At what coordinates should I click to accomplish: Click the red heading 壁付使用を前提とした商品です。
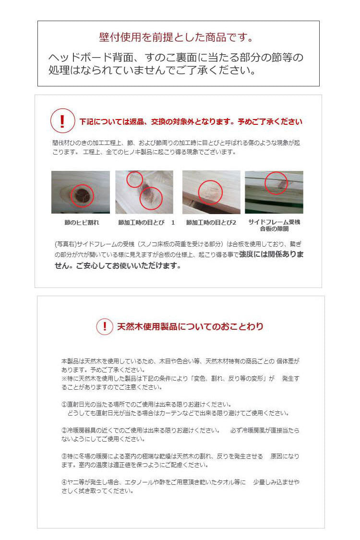176,37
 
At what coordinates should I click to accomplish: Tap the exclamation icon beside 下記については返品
62,121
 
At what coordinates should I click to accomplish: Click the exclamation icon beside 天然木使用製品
105,326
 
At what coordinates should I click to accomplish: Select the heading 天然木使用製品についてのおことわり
190,327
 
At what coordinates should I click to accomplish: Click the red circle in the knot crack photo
82,195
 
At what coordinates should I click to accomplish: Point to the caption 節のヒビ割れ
81,223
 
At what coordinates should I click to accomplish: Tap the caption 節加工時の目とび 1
146,223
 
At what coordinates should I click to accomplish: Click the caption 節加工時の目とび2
211,223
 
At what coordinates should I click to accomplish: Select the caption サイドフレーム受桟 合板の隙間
274,226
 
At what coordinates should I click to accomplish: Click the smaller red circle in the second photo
134,180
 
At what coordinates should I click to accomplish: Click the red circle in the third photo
210,192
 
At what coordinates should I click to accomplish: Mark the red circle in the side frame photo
276,183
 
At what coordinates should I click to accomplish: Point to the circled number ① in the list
64,404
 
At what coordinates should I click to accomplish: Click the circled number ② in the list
64,430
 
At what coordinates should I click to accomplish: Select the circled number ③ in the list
64,456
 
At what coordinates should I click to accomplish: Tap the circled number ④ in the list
64,482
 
